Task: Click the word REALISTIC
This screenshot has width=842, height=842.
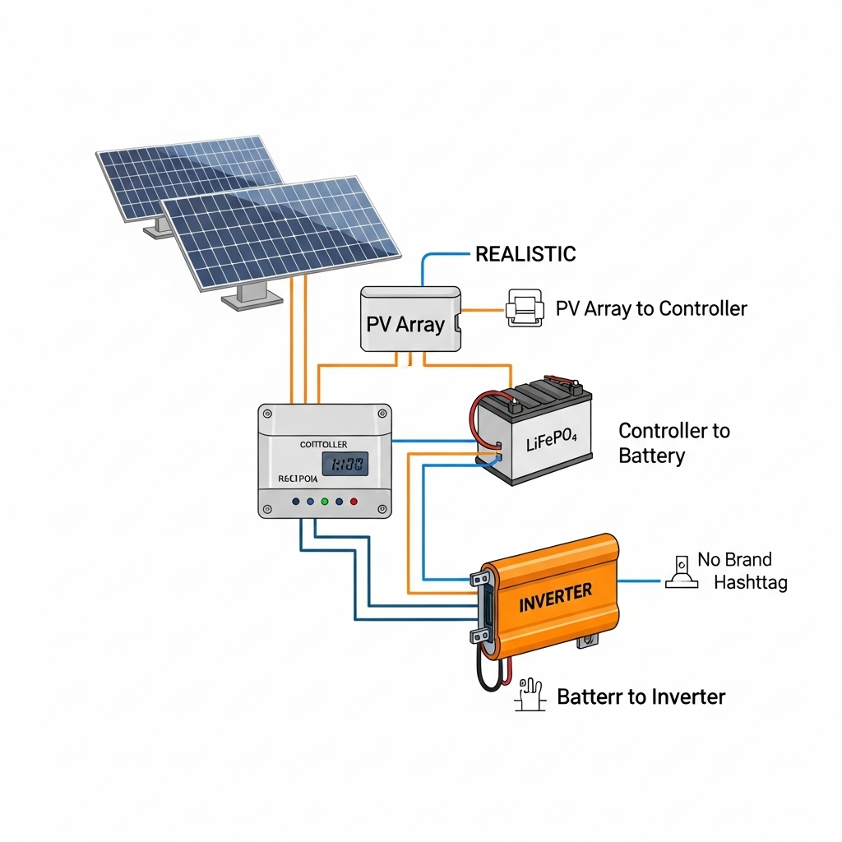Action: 525,254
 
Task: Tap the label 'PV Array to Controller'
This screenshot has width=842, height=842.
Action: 650,309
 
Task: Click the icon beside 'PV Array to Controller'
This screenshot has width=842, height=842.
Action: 524,309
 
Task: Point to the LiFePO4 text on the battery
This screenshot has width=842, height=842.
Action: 552,444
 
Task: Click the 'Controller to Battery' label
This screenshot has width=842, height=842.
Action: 673,443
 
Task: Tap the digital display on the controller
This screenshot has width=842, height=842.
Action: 344,465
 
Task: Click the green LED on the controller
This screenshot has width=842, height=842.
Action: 325,501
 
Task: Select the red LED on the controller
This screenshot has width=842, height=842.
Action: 354,501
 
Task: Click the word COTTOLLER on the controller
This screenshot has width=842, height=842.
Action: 324,444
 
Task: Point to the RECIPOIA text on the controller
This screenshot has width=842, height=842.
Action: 298,478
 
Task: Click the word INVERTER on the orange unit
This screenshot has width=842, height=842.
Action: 556,597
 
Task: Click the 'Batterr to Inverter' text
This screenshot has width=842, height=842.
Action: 641,697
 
